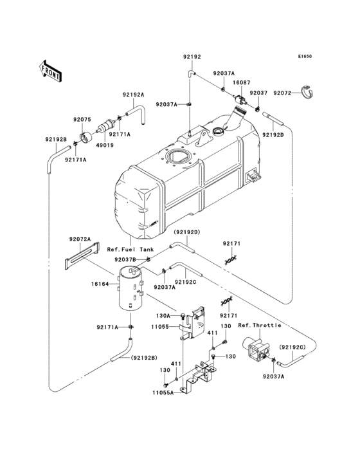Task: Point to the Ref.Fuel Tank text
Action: tap(130, 249)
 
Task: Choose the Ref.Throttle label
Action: tap(259, 325)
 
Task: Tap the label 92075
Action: tap(82, 119)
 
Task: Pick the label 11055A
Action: tap(163, 392)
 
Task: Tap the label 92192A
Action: tap(133, 95)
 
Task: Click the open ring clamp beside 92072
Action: tap(310, 94)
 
